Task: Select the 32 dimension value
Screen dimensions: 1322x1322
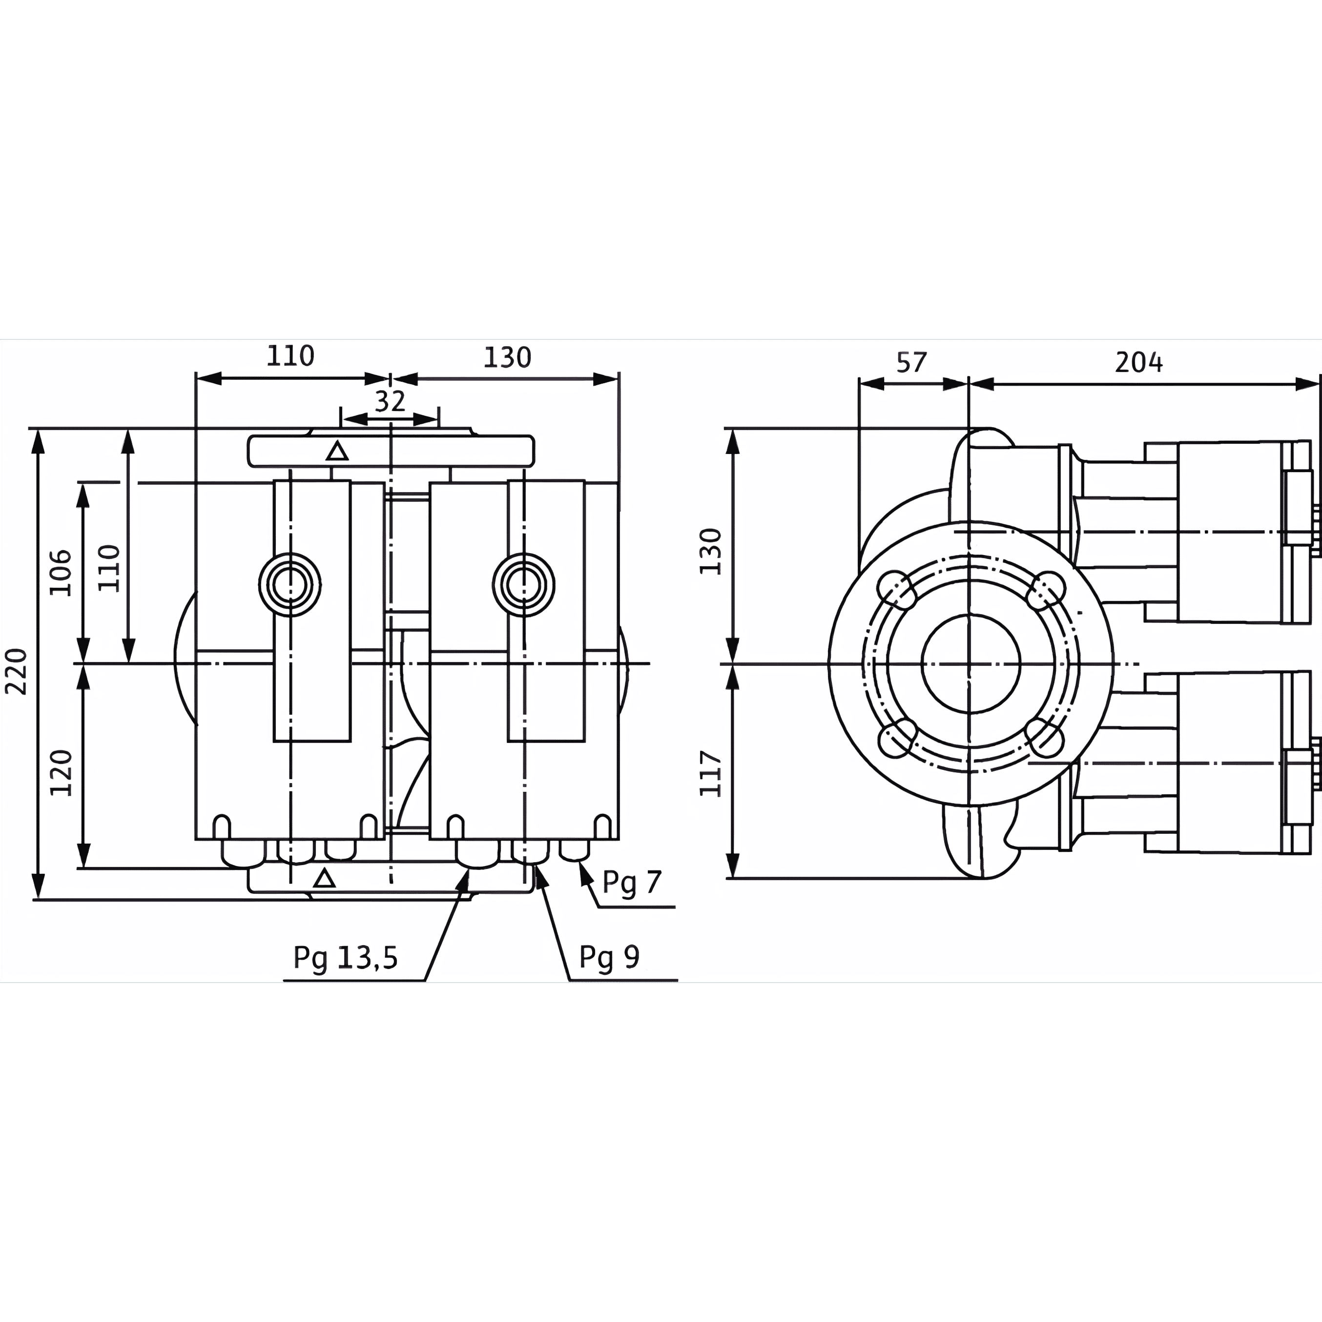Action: tap(390, 401)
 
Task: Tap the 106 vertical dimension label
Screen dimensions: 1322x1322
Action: tap(60, 572)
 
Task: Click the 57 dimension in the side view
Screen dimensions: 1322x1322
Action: tap(911, 362)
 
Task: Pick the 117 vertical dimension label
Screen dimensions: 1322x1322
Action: tap(710, 774)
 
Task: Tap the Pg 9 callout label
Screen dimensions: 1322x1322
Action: tap(609, 957)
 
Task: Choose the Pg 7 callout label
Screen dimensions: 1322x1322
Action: tap(632, 883)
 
